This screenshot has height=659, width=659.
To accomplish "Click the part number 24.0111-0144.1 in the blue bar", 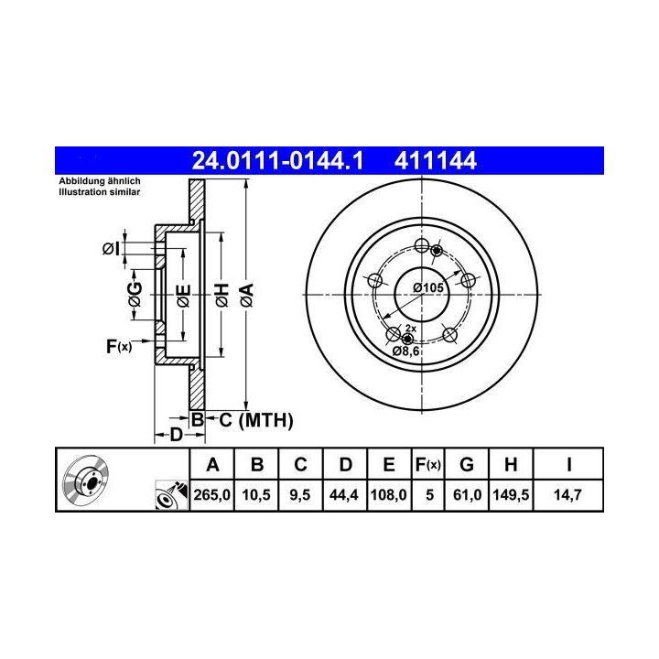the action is [x=277, y=160].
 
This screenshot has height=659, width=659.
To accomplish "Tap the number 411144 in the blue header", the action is [x=436, y=160].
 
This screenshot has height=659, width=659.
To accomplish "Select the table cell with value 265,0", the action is [x=211, y=494].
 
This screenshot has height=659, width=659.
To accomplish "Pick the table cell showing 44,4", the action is [x=344, y=494].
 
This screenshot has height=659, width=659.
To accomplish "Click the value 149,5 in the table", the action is [x=511, y=494].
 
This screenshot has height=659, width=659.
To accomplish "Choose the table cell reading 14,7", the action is [x=567, y=494].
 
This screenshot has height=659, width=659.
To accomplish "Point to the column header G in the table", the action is [x=467, y=464].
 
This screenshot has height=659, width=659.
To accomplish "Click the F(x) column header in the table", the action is [x=427, y=464].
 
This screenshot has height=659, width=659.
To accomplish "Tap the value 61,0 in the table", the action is [x=467, y=494].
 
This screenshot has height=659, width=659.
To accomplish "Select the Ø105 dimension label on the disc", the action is [x=427, y=288].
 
